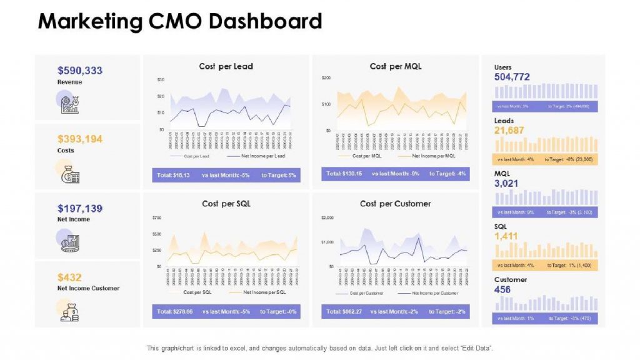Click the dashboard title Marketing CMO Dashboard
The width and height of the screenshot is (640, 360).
pos(179,21)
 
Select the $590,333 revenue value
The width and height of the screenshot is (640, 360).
pos(80,71)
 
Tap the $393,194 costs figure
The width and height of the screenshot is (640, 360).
pos(80,139)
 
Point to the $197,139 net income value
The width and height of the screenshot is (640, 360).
pos(80,208)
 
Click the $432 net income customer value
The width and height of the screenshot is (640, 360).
pos(69,277)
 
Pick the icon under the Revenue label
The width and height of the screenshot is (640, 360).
pos(69,104)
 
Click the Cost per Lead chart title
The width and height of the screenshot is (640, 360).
pos(226,66)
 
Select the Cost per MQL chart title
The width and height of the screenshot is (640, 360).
pos(395,66)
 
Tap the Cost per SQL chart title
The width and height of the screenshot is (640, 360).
pos(226,204)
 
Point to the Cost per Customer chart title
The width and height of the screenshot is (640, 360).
pos(395,204)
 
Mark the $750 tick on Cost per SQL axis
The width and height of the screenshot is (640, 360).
pos(157,217)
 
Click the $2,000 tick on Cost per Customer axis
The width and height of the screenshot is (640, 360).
pos(327,217)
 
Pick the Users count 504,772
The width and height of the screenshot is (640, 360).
pos(512,77)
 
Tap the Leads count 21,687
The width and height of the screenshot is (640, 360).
pos(509,130)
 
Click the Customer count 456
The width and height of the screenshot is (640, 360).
pos(502,289)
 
